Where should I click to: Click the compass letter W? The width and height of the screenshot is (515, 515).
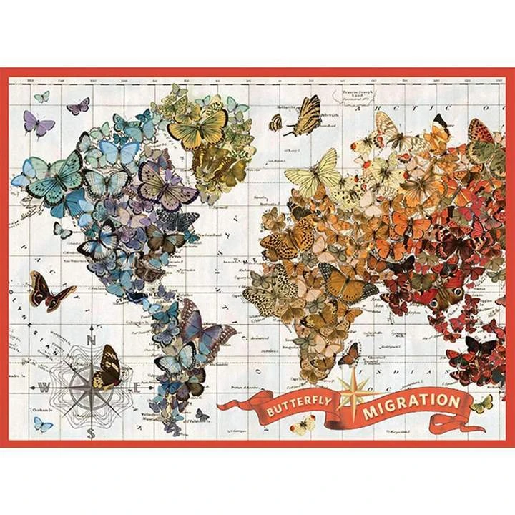(x=44, y=388)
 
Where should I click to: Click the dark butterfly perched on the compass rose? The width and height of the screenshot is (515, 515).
(x=107, y=366)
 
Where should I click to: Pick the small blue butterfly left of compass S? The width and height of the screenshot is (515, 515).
(x=43, y=423)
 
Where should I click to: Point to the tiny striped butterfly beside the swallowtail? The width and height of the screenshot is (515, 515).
(x=276, y=123)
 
